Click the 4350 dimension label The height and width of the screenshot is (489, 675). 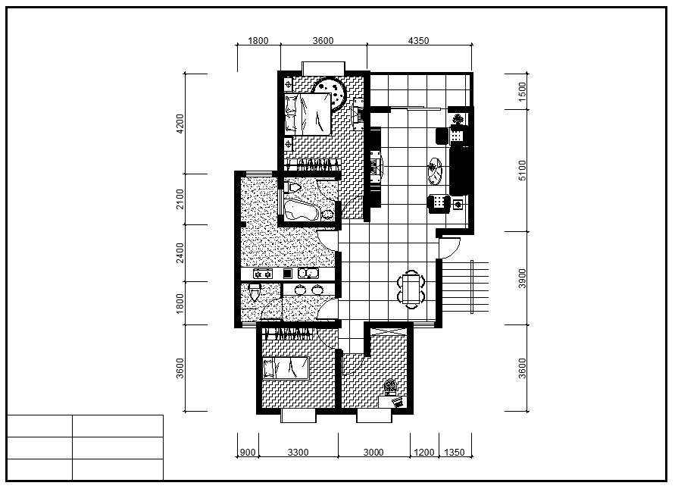coord(418,40)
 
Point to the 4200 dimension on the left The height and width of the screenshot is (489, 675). coord(180,124)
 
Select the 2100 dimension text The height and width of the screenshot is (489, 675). coord(180,199)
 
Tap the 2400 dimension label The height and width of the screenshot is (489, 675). coord(180,252)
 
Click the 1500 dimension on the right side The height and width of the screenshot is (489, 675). coord(522,91)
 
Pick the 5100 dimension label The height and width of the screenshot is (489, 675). coord(522,170)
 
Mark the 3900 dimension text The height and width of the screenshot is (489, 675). coord(522,278)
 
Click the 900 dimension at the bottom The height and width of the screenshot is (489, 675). coord(248,453)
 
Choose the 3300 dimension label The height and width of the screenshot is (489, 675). coord(298,453)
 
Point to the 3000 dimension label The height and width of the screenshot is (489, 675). coord(373,453)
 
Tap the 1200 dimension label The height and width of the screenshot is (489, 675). coord(424,453)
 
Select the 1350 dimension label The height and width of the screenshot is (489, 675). coord(455,453)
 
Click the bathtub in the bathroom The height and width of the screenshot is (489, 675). coord(301,211)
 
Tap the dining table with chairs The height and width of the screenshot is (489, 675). coord(411,289)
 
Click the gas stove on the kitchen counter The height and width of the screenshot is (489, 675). coord(263,274)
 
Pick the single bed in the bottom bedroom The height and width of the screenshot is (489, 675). coord(286,368)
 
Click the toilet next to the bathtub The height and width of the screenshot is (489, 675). coord(294,187)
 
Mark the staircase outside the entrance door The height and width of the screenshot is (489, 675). coord(465,287)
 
